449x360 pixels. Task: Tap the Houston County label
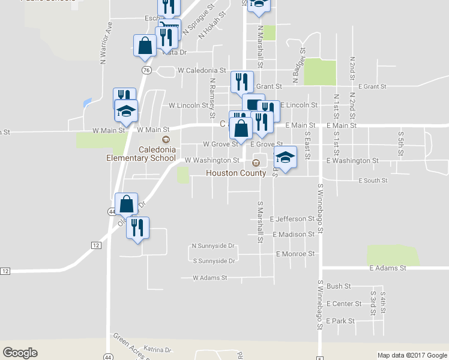pos(236,173)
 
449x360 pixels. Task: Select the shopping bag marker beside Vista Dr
pos(145,46)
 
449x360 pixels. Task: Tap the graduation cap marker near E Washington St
pos(286,157)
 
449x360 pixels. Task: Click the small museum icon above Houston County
pos(256,162)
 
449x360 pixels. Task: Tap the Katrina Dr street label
pos(158,349)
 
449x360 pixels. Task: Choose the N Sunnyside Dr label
pos(213,246)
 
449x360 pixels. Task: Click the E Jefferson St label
pos(292,219)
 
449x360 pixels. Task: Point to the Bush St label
pos(339,287)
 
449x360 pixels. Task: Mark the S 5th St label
pos(400,143)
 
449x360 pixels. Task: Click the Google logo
pos(20,353)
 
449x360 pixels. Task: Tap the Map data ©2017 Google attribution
pos(412,355)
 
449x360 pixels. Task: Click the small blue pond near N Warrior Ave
pos(88,102)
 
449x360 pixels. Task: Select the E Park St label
pos(341,321)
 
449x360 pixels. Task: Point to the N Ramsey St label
pos(212,92)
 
